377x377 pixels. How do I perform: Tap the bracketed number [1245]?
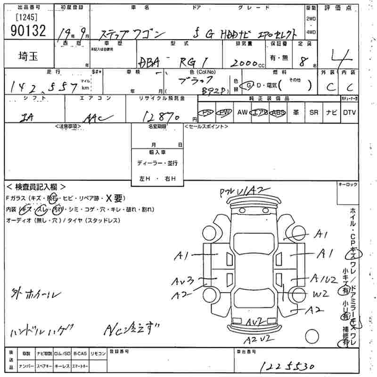pyautogui.click(x=26, y=17)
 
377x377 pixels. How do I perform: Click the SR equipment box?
pyautogui.click(x=314, y=113)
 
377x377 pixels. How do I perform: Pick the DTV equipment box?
pyautogui.click(x=349, y=113)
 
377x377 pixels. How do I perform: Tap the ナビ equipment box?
pyautogui.click(x=332, y=113)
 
